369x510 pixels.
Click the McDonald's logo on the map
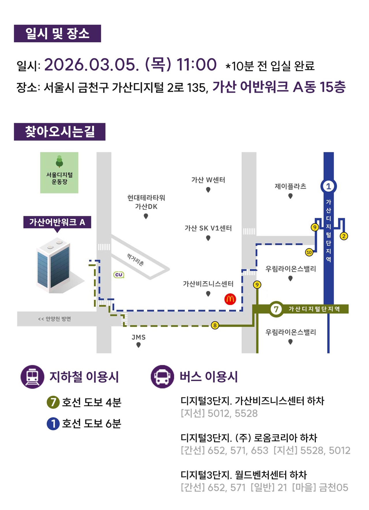[230, 299]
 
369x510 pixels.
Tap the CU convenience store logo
[119, 275]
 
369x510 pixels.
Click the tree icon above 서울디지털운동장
[59, 161]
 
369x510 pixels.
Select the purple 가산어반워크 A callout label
[57, 222]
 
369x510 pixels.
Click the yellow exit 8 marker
[215, 326]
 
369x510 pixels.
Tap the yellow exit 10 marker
[309, 252]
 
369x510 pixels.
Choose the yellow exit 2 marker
[344, 236]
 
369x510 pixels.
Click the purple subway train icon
[32, 377]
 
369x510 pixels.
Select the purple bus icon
[162, 377]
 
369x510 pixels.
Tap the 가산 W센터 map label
[208, 180]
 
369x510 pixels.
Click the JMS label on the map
[139, 337]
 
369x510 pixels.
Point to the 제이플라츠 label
[290, 187]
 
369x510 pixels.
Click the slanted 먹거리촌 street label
[135, 260]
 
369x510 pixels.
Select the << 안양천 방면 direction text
[54, 319]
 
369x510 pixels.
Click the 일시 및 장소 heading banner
[57, 34]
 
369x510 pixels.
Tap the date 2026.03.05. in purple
[92, 64]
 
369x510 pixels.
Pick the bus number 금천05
[334, 488]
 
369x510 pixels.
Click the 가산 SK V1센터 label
[208, 228]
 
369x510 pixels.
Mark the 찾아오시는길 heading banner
[60, 132]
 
